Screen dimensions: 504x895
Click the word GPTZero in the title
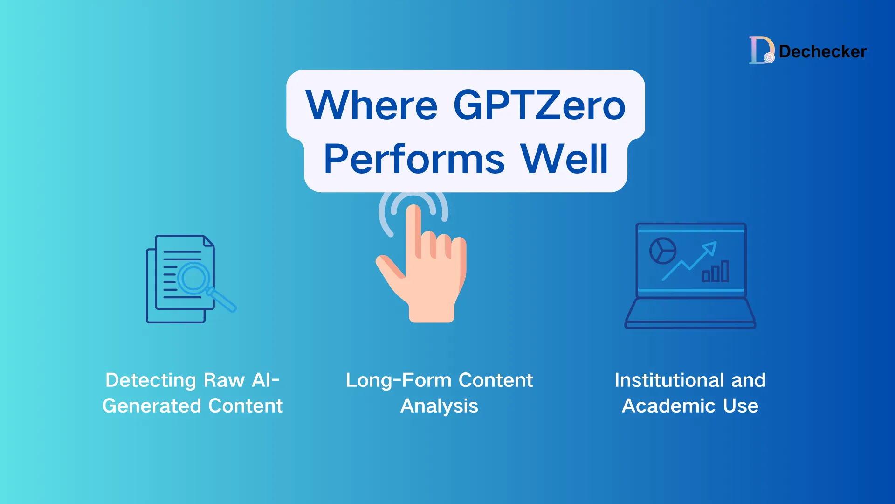point(539,105)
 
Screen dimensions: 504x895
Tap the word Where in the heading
point(372,105)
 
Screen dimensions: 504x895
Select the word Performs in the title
point(414,159)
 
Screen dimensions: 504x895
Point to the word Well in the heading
point(564,159)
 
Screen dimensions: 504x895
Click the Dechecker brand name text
point(823,52)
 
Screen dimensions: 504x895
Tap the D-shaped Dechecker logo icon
point(761,50)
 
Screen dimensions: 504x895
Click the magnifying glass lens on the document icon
point(194,278)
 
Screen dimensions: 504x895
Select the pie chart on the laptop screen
point(663,251)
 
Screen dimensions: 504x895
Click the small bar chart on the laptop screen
point(716,272)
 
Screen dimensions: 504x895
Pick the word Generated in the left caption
point(152,406)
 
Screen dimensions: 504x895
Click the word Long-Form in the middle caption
point(399,380)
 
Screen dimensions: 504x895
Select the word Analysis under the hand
point(439,406)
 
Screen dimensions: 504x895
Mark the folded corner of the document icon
point(208,241)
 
